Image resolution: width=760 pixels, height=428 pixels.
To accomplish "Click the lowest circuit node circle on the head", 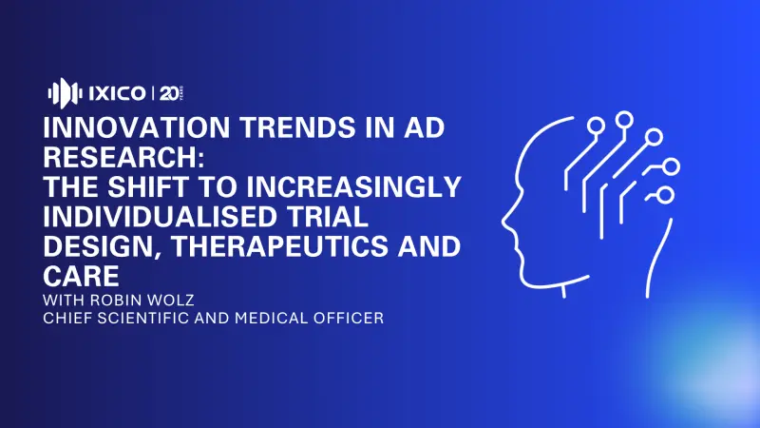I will point(665,195).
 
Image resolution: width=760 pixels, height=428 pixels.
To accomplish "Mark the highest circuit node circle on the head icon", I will point(624,120).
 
